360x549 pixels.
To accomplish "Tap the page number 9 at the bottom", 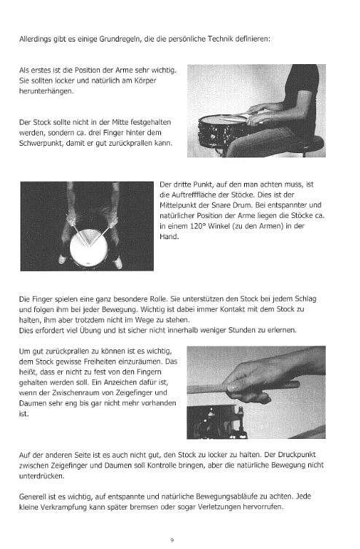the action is pos(172,540).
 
